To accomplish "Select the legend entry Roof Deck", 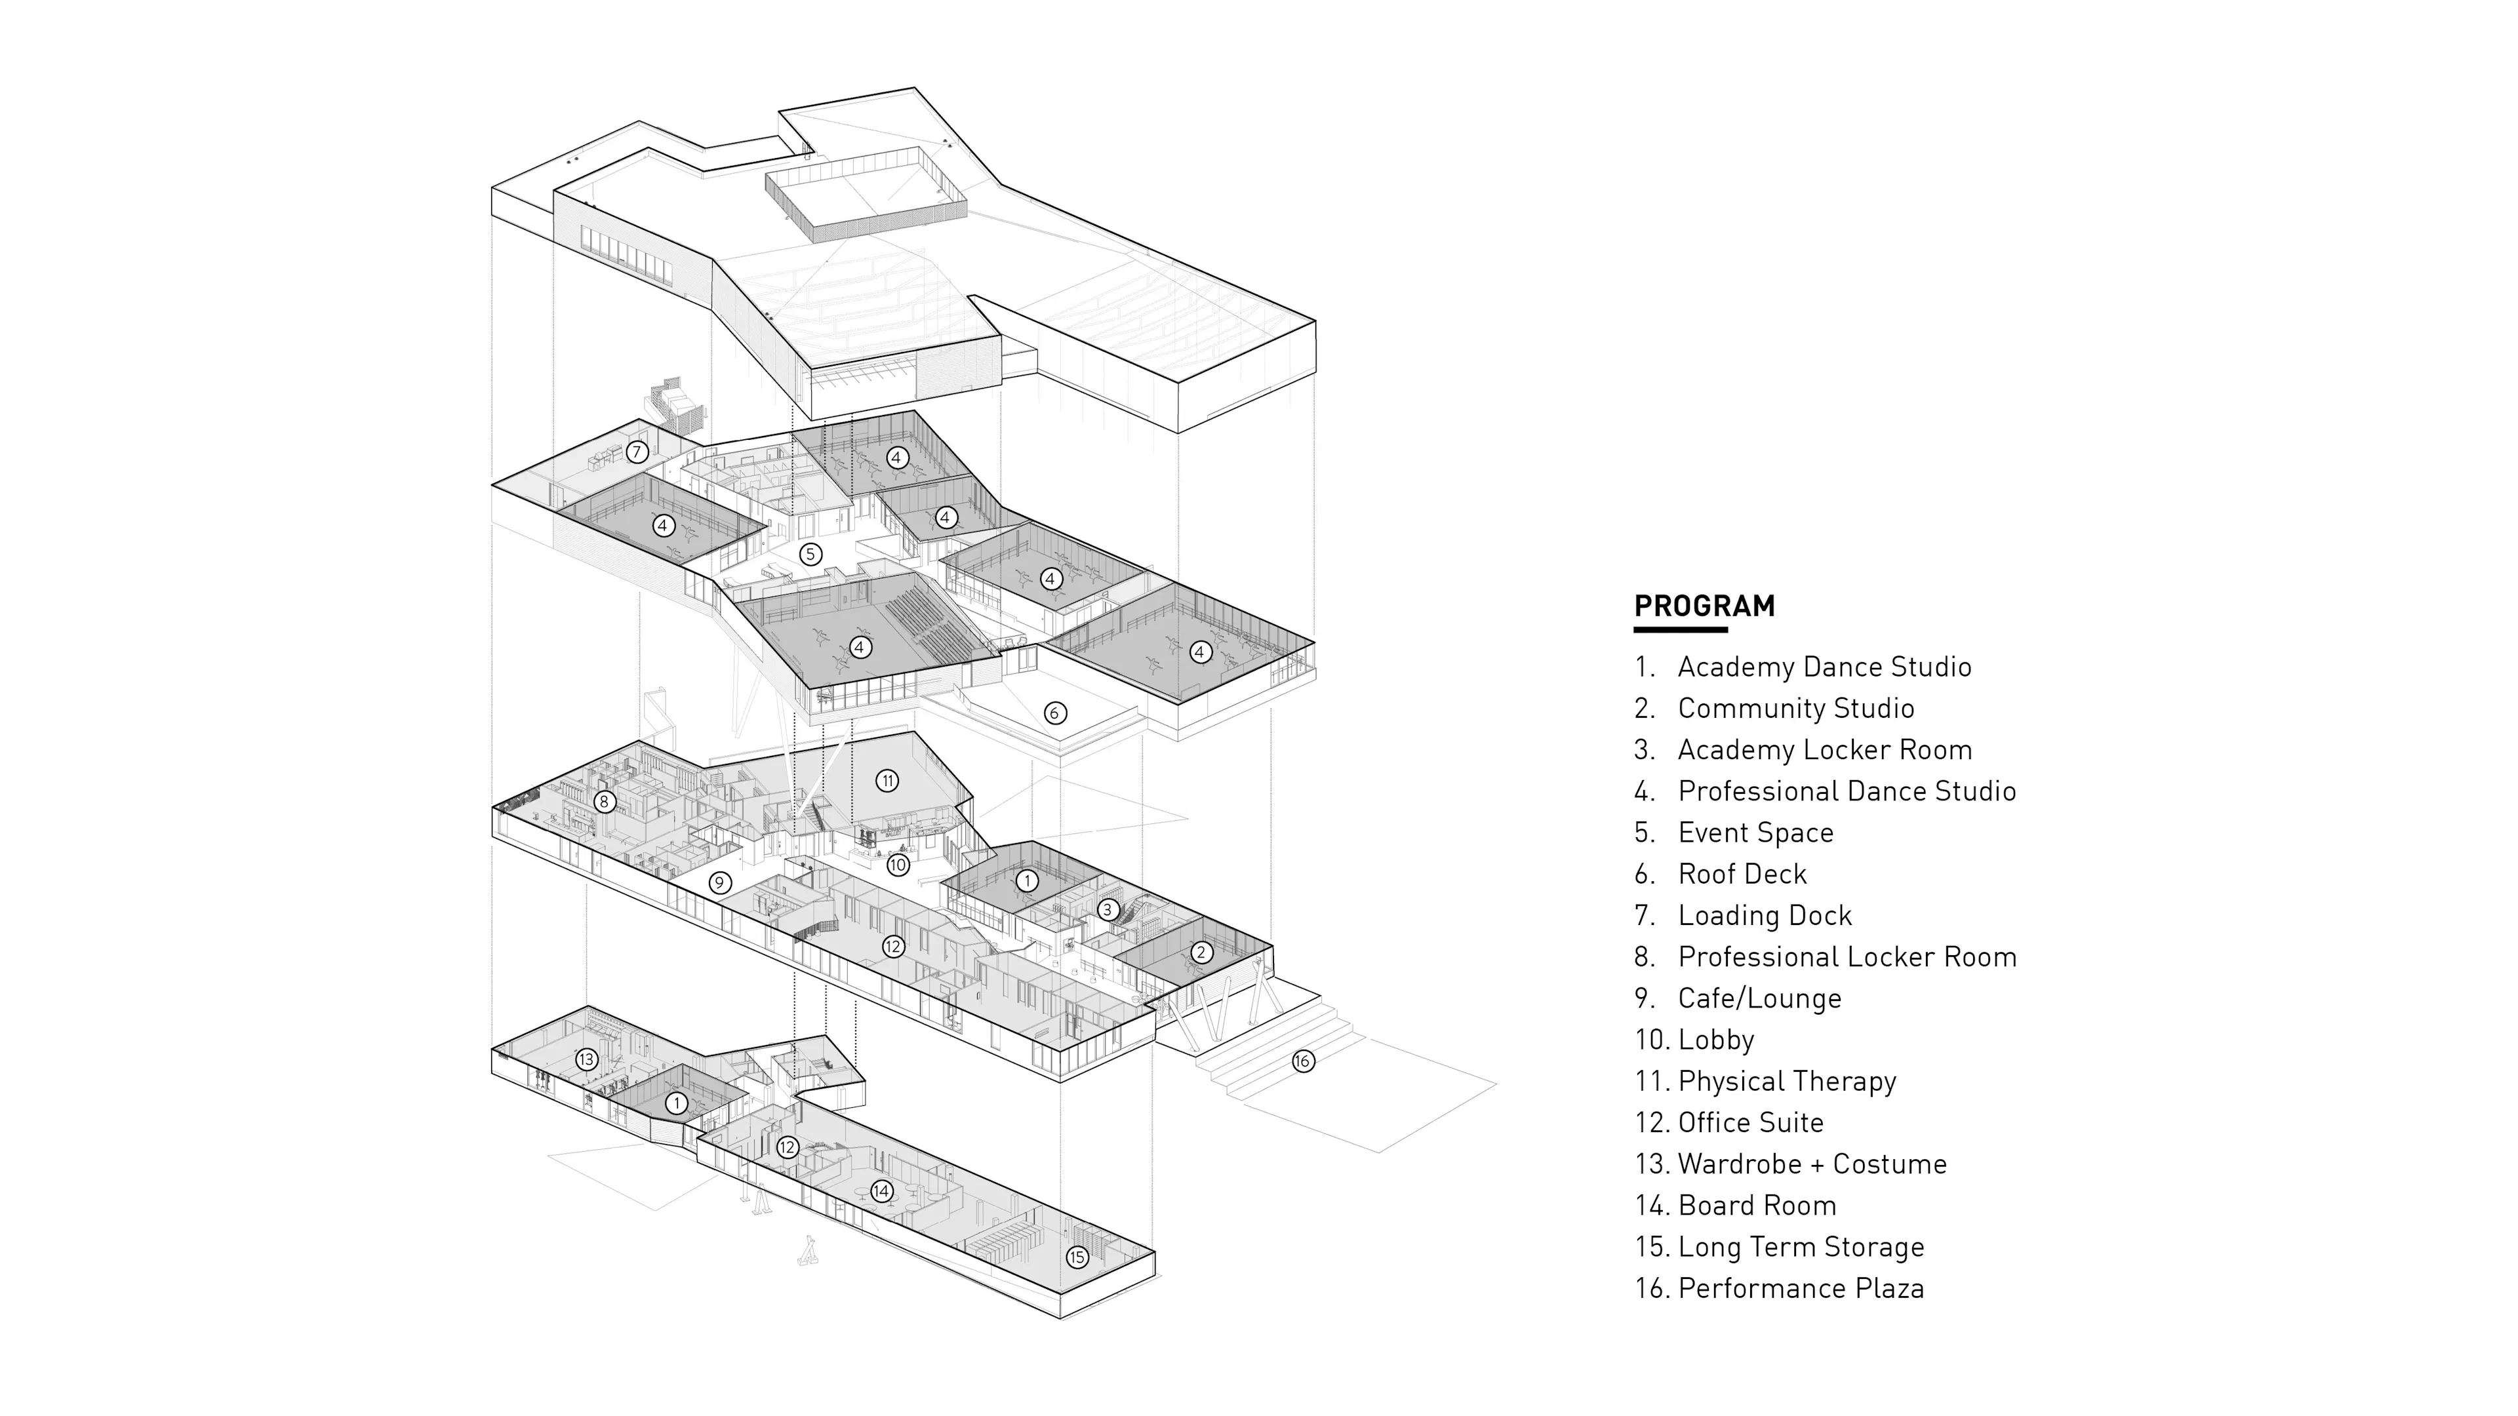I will [x=1742, y=874].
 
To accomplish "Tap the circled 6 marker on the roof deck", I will [x=1054, y=713].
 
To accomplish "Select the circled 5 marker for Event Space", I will [x=810, y=554].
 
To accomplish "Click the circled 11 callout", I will [x=887, y=781].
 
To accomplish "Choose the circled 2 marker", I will [x=1201, y=952].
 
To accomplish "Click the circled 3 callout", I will [x=1106, y=910].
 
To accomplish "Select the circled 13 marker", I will [x=586, y=1059].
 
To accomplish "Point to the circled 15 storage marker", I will [x=1077, y=1257].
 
